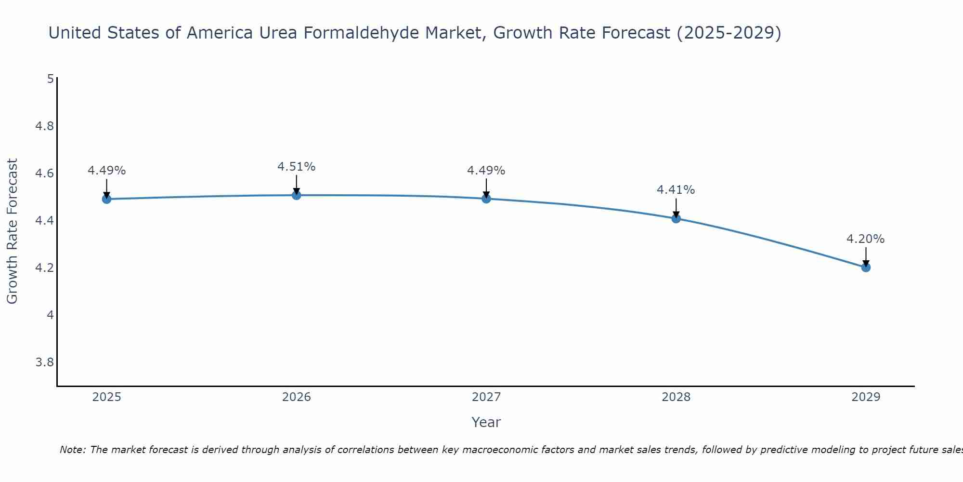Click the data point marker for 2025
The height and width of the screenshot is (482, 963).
pyautogui.click(x=107, y=199)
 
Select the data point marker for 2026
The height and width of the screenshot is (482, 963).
pyautogui.click(x=297, y=195)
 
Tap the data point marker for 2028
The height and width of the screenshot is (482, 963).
pyautogui.click(x=676, y=218)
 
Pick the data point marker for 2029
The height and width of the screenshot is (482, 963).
pyautogui.click(x=866, y=268)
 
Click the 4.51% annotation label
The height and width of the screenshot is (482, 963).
pyautogui.click(x=297, y=167)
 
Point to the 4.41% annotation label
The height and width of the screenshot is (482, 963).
pyautogui.click(x=676, y=190)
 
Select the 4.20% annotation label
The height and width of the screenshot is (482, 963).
pyautogui.click(x=866, y=239)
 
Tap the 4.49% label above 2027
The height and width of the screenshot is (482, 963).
pyautogui.click(x=486, y=171)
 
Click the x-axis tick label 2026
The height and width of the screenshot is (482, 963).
pyautogui.click(x=297, y=397)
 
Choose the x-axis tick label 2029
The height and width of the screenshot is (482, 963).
pyautogui.click(x=866, y=397)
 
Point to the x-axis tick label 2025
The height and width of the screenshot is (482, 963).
pyautogui.click(x=107, y=397)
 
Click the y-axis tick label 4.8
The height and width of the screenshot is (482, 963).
pyautogui.click(x=44, y=126)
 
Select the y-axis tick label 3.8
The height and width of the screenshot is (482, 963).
pyautogui.click(x=44, y=362)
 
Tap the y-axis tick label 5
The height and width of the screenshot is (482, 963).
pyautogui.click(x=50, y=79)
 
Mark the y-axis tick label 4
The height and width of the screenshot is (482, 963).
pyautogui.click(x=50, y=315)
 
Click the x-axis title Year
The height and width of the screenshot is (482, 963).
pyautogui.click(x=486, y=422)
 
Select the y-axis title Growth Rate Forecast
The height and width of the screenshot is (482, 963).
pyautogui.click(x=12, y=231)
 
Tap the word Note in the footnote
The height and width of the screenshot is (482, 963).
pyautogui.click(x=72, y=450)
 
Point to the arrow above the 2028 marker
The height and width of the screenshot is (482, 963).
pyautogui.click(x=676, y=208)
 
